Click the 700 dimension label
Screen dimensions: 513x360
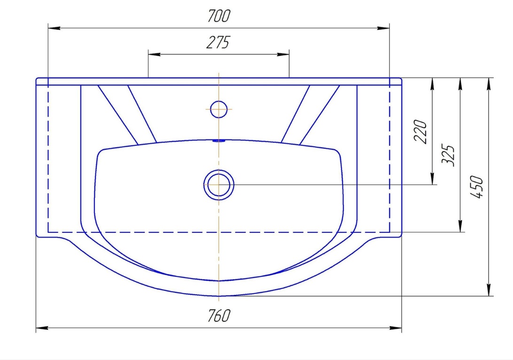219,15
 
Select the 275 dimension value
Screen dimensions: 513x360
218,42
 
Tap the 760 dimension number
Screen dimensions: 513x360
219,315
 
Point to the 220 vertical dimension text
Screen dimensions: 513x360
421,131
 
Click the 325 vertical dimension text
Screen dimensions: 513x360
448,155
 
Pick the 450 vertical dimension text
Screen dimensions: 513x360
476,187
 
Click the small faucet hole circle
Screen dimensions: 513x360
218,109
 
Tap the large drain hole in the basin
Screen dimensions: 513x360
218,185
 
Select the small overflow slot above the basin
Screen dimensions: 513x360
218,141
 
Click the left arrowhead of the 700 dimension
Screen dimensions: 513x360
54,28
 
